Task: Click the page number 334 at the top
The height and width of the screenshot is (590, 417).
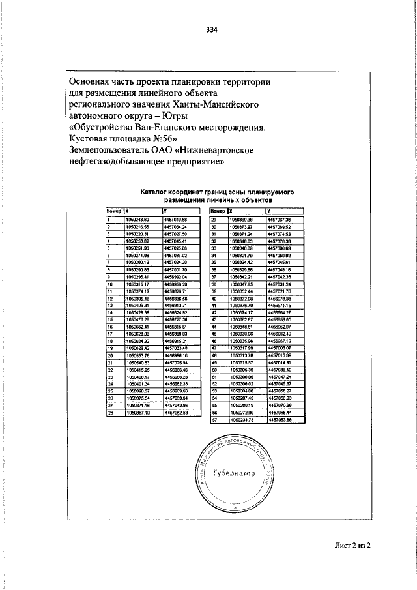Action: point(210,30)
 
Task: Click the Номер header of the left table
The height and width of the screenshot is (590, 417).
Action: point(114,211)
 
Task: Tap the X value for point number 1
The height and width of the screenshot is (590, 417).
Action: point(138,220)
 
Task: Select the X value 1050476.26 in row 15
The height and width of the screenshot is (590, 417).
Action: point(138,320)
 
